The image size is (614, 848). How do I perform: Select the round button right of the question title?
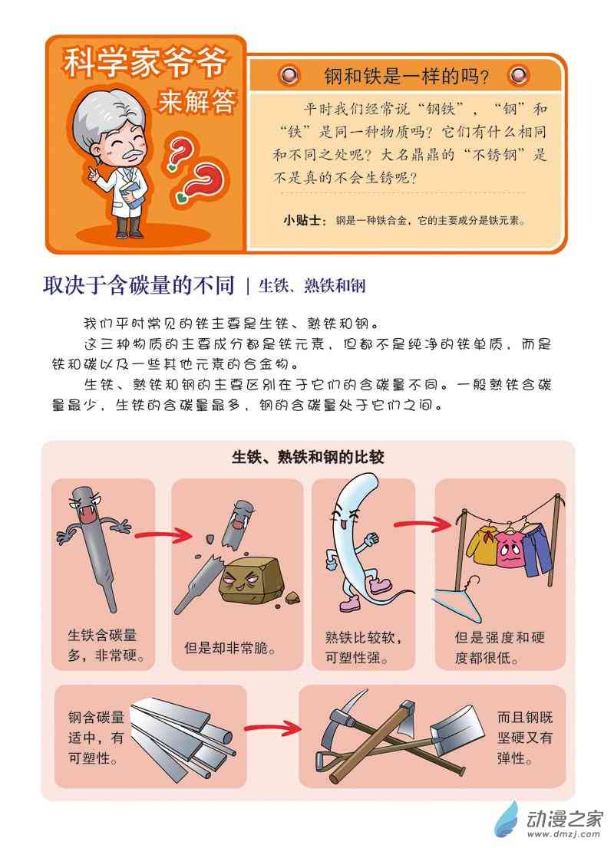coord(520,74)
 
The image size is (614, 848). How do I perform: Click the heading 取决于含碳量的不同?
coord(139,285)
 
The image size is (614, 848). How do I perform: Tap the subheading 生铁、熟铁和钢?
coord(312,285)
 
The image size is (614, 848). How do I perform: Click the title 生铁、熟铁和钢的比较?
coord(308,458)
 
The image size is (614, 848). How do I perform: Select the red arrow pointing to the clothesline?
coord(422,524)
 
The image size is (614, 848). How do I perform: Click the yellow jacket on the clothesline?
coord(480,545)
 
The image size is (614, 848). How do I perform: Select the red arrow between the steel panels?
coord(272,728)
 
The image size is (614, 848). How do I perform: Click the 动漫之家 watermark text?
coord(565,819)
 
